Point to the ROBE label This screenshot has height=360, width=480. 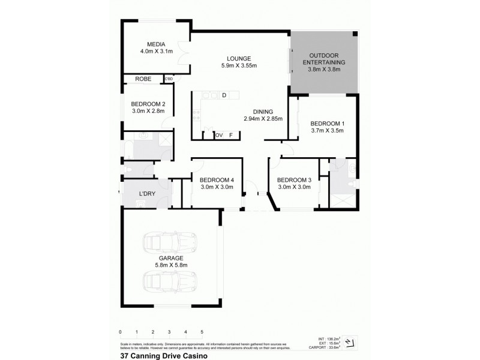click(x=143, y=79)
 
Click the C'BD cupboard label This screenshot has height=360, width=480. click(x=169, y=79)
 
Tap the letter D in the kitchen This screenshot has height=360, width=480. click(x=224, y=95)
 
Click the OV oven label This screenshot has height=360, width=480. click(x=219, y=135)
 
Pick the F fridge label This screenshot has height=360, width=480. click(x=230, y=135)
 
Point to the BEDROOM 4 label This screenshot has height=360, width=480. click(x=217, y=180)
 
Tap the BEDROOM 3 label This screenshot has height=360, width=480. click(x=294, y=180)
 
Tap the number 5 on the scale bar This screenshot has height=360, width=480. click(x=202, y=331)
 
